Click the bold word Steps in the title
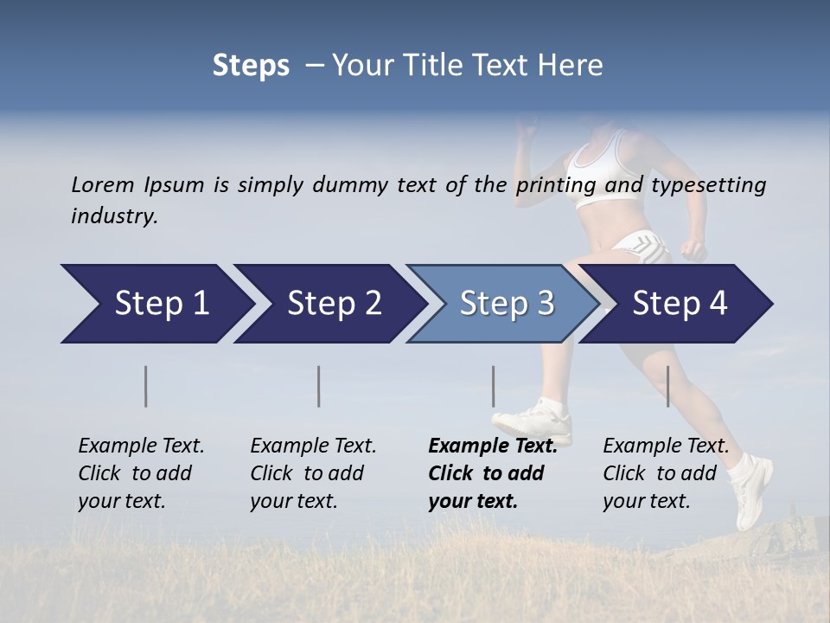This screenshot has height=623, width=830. (x=251, y=66)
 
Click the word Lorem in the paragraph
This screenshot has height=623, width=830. (x=102, y=184)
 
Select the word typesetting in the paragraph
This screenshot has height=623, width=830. (x=708, y=185)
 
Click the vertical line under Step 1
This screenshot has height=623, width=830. (x=146, y=386)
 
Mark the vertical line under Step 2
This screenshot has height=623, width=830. (x=319, y=386)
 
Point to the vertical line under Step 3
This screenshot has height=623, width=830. (x=494, y=386)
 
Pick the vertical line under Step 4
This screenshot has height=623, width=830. (x=668, y=386)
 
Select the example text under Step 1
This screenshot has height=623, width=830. (x=141, y=473)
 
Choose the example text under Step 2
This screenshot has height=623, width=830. (x=313, y=473)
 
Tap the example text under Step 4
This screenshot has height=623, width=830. (x=666, y=473)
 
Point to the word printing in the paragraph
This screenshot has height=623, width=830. (x=557, y=185)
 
